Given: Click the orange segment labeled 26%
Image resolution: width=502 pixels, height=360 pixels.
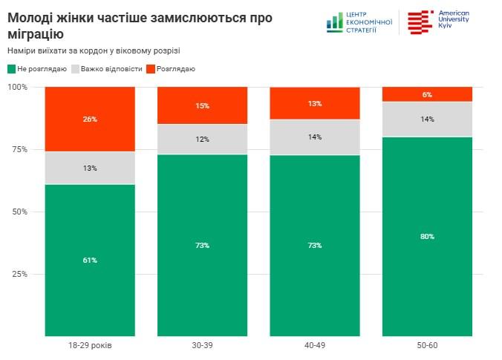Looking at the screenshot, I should [x=90, y=119].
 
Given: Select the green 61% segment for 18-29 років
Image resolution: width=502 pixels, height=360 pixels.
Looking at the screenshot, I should [x=90, y=260].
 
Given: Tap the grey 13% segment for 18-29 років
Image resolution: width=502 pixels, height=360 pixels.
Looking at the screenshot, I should [x=90, y=168].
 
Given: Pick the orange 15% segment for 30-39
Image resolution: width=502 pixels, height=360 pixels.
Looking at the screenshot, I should [x=203, y=106].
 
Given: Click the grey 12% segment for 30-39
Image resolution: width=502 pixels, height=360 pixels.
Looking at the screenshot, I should [x=203, y=140].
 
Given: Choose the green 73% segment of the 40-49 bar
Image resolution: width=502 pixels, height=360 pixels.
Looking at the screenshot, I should [x=315, y=245].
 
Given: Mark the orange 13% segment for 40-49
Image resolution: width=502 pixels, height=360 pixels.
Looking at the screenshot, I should [x=315, y=104].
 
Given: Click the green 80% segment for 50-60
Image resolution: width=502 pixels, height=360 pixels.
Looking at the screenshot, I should [x=427, y=236].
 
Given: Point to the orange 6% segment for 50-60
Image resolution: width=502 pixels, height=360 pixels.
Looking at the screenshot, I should [x=427, y=94].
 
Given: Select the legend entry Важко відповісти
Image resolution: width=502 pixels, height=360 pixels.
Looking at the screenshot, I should [x=105, y=69].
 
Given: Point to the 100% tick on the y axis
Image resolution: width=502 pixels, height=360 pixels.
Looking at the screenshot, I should [x=17, y=88].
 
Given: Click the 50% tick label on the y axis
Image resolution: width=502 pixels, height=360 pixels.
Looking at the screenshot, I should [x=19, y=212].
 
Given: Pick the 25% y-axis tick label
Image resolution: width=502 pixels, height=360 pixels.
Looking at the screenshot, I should [x=19, y=275].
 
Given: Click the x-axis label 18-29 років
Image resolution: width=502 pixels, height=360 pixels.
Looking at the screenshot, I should [x=90, y=346].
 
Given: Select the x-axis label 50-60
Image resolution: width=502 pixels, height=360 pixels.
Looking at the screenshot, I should [x=427, y=346].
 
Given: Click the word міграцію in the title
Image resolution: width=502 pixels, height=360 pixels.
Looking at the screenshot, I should [x=36, y=33].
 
